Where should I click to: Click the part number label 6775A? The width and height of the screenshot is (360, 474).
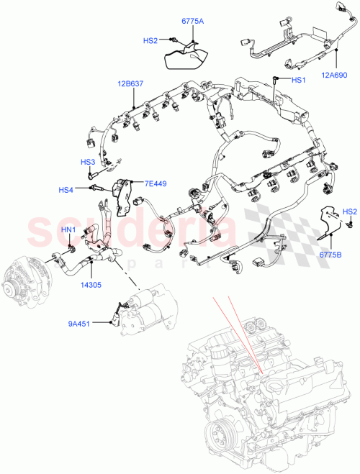[x=191, y=22]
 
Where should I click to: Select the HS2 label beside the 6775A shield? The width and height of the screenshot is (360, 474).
[x=150, y=41]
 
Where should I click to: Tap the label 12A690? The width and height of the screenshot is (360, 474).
[x=334, y=75]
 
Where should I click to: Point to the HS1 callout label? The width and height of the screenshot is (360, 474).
[x=298, y=80]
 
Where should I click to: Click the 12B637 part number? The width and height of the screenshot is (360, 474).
[x=130, y=84]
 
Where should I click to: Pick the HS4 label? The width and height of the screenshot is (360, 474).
[x=66, y=190]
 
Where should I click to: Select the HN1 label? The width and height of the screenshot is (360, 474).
[x=68, y=229]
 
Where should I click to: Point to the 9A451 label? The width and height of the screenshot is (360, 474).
[x=80, y=323]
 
